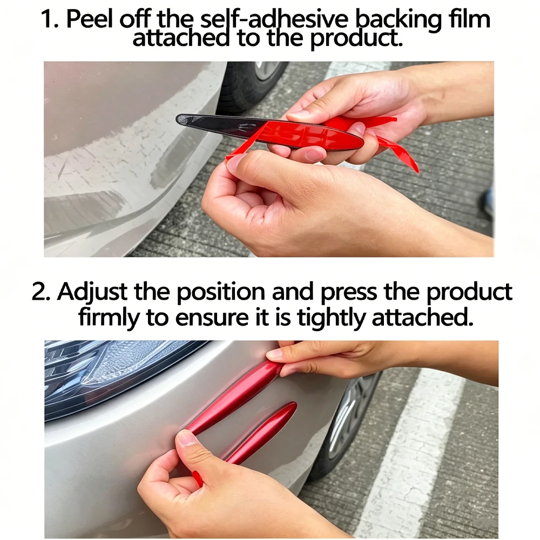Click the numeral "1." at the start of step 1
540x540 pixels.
click(x=50, y=19)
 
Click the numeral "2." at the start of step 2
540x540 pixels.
click(x=40, y=292)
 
